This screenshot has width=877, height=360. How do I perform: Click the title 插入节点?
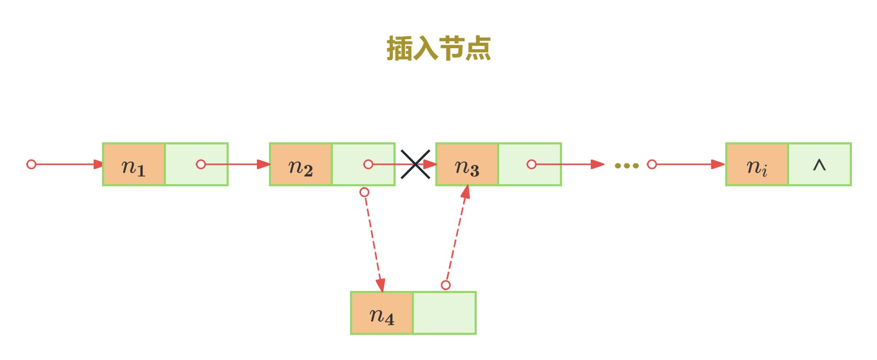pos(438,48)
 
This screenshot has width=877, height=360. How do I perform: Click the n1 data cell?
pos(134,164)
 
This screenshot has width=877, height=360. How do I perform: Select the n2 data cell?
pos(301,164)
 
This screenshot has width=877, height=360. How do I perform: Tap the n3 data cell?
pos(467,164)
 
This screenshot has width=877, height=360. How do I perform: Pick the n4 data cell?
pos(382,313)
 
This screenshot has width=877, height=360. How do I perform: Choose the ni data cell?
pos(757,164)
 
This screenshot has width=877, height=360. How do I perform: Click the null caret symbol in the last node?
pos(819,165)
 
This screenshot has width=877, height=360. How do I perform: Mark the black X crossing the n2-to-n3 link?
pos(415,164)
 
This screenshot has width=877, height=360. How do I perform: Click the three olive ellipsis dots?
pos(626,166)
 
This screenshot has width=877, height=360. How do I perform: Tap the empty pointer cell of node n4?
pos(444,313)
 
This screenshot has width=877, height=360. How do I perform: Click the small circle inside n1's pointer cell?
pos(201,164)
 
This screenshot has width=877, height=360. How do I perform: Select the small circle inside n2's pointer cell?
pos(368,164)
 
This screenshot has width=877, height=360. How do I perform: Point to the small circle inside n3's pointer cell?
pos(531,164)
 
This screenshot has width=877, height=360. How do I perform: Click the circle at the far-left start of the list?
pos(31,164)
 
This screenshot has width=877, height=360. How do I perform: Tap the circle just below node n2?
pos(365,192)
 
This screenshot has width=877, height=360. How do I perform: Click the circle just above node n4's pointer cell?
pos(445,285)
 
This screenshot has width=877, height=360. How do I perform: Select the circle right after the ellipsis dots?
pos(652,164)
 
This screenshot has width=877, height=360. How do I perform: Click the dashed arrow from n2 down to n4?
pos(374,243)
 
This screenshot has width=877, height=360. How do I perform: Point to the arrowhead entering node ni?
pos(718,164)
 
